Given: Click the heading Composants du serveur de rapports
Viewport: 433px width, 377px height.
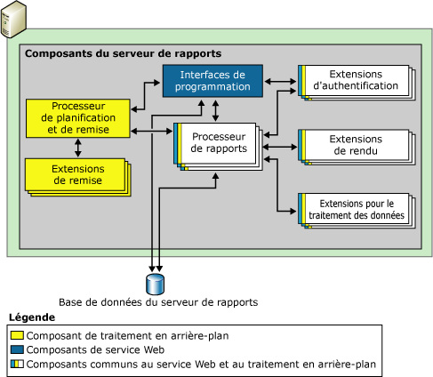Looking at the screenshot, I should pyautogui.click(x=124, y=54).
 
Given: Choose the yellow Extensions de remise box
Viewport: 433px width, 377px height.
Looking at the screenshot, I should pyautogui.click(x=76, y=174).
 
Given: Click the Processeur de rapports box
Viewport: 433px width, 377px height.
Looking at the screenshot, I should pyautogui.click(x=216, y=142).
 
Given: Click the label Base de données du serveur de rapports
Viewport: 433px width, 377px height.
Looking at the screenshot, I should pyautogui.click(x=157, y=302).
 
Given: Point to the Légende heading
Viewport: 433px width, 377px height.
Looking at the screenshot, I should pyautogui.click(x=32, y=317).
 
